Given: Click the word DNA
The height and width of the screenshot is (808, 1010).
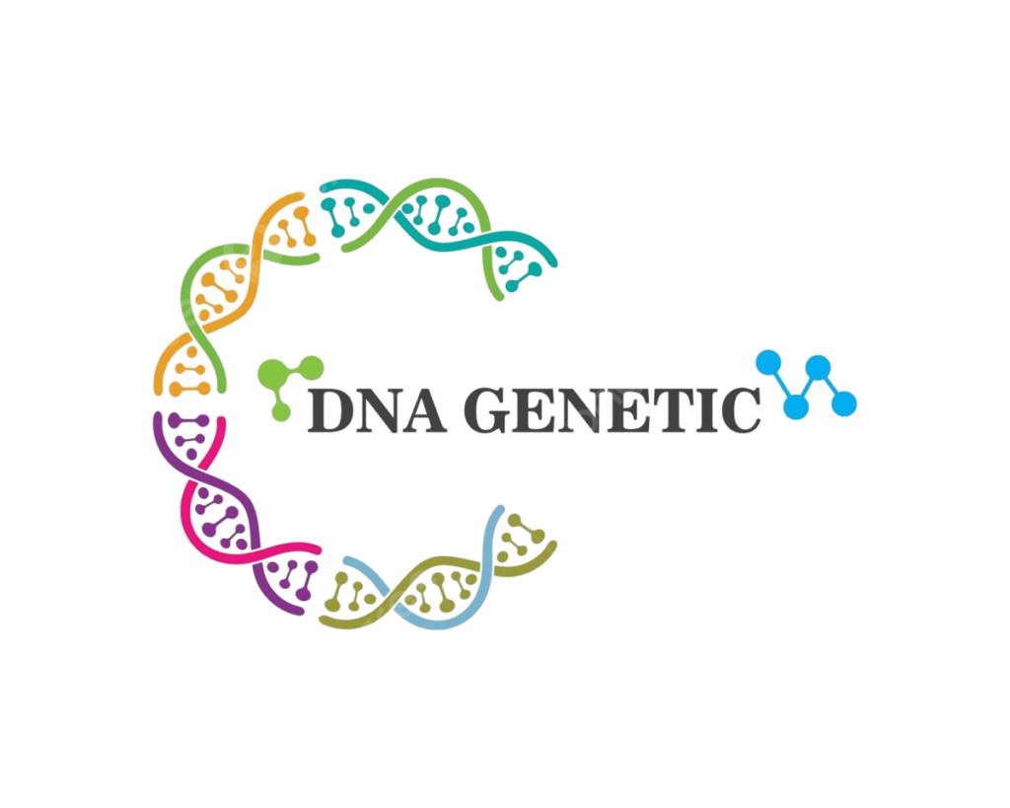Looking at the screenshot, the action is coord(377,409).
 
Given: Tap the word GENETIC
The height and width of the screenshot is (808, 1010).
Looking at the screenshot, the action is coord(612,409).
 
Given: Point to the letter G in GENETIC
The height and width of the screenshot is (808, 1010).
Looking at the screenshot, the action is coord(487,409).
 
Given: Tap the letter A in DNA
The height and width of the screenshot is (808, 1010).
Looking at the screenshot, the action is coord(424,410).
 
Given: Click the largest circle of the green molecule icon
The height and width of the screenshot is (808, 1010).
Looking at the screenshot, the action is coord(272,374).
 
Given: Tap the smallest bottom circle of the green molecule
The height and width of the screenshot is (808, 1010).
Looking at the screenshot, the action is coord(281,411).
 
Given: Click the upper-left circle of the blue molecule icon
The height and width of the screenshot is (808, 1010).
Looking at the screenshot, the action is coord(768,363).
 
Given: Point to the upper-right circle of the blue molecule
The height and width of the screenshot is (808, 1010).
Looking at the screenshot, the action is coord(818,367).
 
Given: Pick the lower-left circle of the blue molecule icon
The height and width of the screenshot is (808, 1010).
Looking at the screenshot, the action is coord(796,407).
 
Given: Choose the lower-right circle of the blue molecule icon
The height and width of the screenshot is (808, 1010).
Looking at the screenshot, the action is coord(844,404).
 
